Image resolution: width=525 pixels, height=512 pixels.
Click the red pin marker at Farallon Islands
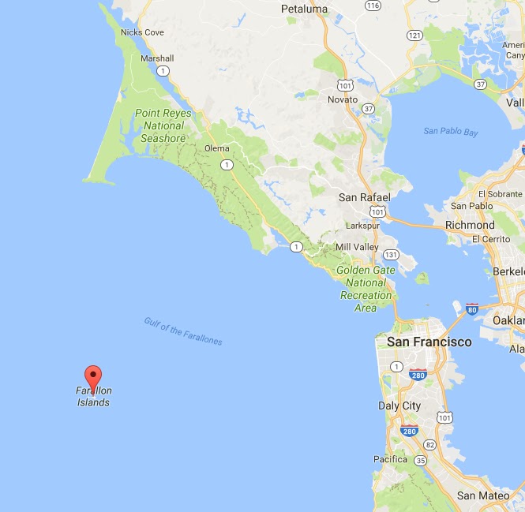93,377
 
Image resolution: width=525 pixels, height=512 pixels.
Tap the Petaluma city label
304,9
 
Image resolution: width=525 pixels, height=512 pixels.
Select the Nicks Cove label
142,32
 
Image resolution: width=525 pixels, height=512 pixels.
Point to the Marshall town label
156,58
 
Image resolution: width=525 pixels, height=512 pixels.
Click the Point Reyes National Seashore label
163,125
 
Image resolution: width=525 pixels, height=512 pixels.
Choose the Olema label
216,148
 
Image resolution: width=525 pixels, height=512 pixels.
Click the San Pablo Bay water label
450,132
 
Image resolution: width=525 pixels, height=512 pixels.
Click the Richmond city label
470,225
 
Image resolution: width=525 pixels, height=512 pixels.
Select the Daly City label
400,405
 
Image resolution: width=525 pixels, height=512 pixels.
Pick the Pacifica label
390,459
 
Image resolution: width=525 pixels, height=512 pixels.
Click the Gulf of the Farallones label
183,331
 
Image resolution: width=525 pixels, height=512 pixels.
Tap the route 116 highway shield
373,5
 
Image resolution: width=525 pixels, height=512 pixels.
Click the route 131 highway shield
390,254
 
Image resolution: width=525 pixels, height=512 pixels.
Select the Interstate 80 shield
472,308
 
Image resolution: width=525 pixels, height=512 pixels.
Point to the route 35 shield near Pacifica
420,460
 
